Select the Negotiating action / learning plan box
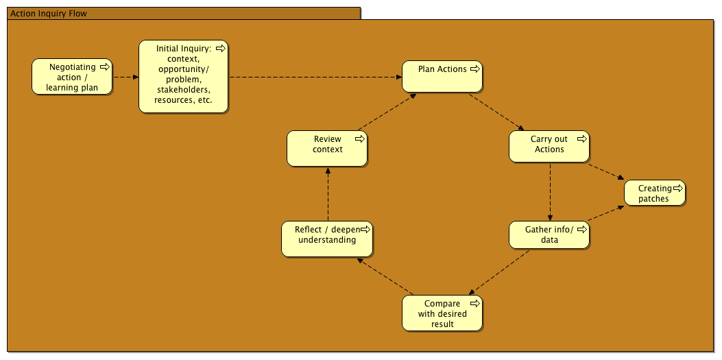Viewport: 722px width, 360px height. point(72,77)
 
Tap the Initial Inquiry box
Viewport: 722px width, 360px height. point(184,76)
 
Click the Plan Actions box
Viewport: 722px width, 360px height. point(442,76)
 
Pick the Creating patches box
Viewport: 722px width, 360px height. point(655,193)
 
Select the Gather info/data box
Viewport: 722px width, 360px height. point(549,235)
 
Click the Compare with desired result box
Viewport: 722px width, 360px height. point(442,313)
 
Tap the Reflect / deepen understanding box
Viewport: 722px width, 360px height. point(327,238)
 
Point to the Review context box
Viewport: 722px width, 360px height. point(327,149)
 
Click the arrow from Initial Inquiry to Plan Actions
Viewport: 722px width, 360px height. point(315,77)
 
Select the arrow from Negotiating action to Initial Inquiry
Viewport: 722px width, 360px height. point(125,77)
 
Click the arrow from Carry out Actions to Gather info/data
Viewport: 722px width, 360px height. point(551,192)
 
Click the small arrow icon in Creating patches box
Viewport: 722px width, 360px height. point(677,188)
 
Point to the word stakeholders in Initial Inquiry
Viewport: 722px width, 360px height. point(184,89)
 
